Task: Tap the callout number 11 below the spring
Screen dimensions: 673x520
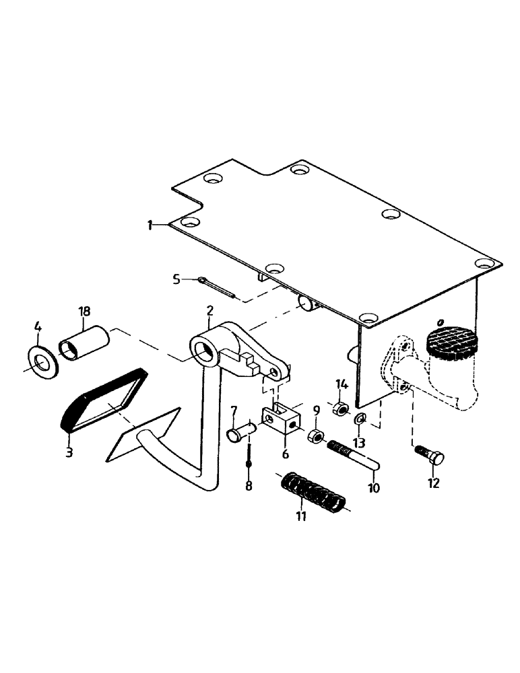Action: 301,516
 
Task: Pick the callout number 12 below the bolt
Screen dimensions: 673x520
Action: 433,483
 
